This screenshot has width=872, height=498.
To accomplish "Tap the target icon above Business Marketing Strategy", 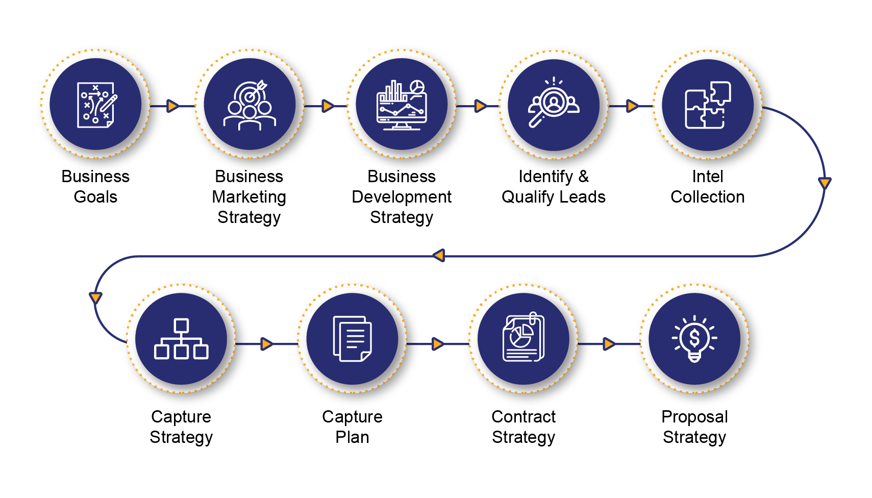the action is [x=250, y=105].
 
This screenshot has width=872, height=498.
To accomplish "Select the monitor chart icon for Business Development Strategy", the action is [x=402, y=105].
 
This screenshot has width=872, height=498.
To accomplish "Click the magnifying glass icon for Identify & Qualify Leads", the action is [x=554, y=103].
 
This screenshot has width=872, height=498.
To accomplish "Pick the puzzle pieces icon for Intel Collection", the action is [x=708, y=105].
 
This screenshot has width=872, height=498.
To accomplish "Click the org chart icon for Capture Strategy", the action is [x=182, y=339].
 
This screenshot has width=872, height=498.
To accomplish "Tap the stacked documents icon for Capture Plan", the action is [x=352, y=339].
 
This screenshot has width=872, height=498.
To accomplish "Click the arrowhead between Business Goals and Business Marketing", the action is [x=173, y=106].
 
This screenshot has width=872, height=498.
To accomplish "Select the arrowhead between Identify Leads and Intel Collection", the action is [x=632, y=106].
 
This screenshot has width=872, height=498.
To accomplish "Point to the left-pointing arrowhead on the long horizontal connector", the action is [x=439, y=256].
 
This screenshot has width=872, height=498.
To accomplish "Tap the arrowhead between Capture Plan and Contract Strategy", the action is [x=438, y=344].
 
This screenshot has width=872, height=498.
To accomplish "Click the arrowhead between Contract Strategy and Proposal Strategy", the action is [x=609, y=344].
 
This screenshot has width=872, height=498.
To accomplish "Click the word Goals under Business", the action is [x=95, y=197].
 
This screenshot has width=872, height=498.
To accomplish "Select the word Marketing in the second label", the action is [x=249, y=197].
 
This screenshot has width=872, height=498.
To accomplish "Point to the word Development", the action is [x=402, y=197].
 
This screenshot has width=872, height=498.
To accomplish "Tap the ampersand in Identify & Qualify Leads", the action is [x=584, y=177].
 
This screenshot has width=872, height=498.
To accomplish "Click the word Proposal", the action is [x=694, y=417].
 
